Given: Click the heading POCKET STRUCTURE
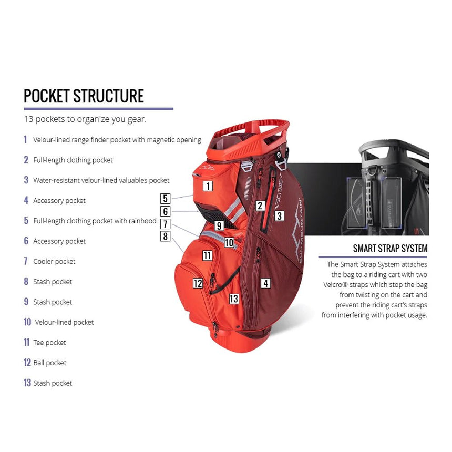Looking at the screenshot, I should [x=84, y=96].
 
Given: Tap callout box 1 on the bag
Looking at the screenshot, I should [x=208, y=186].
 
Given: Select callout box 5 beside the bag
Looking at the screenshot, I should [x=166, y=199].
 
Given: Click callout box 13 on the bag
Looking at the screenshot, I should [x=234, y=299].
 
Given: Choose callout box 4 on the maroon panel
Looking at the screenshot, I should [x=266, y=283].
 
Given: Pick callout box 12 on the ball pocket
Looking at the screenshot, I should [x=198, y=283].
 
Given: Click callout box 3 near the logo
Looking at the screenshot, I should [x=279, y=215].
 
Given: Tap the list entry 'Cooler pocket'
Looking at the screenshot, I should [x=54, y=261].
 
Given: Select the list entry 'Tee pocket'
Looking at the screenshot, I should [x=49, y=342].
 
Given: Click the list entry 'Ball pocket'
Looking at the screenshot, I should [x=49, y=363].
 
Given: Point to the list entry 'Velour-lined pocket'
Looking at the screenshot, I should [x=64, y=322].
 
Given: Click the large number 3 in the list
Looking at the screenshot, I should [x=26, y=180].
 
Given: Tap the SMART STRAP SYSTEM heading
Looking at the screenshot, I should [x=390, y=249].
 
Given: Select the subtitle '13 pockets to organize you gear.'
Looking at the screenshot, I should [x=85, y=119].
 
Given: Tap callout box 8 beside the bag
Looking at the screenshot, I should [x=166, y=237].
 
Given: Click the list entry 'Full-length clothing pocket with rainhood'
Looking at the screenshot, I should [x=95, y=221].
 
